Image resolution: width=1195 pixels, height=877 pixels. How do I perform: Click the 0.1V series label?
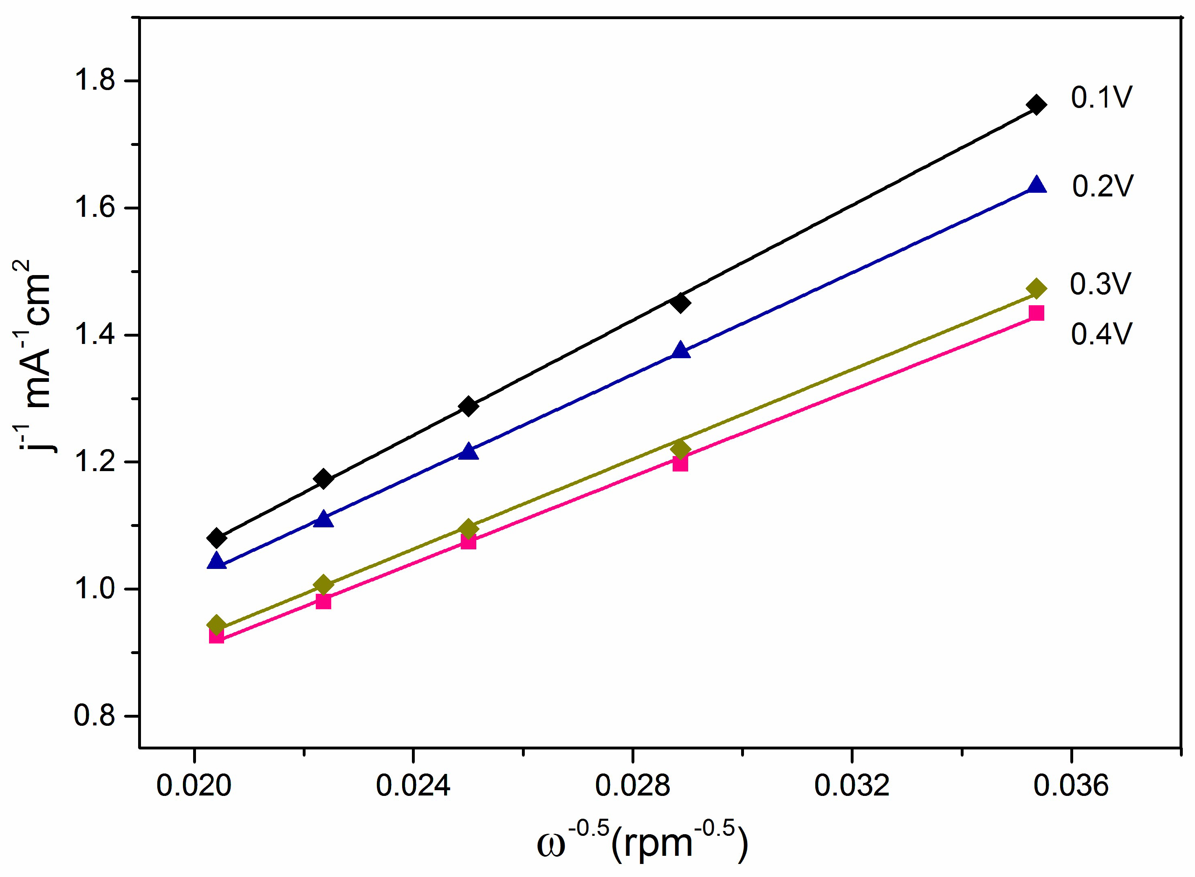pyautogui.click(x=1101, y=98)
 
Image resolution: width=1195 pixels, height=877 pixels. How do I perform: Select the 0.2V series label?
pyautogui.click(x=1102, y=186)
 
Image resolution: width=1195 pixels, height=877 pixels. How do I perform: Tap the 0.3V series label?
pyautogui.click(x=1100, y=284)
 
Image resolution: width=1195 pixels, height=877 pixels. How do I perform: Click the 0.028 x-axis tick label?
pyautogui.click(x=632, y=786)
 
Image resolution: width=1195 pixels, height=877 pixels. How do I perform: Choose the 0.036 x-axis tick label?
pyautogui.click(x=1071, y=786)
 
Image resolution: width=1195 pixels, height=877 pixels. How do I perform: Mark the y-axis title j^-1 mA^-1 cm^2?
pyautogui.click(x=33, y=361)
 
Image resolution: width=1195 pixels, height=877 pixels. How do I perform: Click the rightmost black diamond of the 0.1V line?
pyautogui.click(x=1036, y=105)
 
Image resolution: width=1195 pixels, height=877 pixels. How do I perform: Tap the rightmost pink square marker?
pyautogui.click(x=1036, y=313)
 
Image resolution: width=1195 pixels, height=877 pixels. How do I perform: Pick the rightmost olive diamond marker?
pyautogui.click(x=1036, y=289)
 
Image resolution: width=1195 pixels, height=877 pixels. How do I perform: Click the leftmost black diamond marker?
pyautogui.click(x=216, y=538)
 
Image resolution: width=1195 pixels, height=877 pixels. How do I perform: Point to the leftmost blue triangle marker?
pyautogui.click(x=216, y=561)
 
